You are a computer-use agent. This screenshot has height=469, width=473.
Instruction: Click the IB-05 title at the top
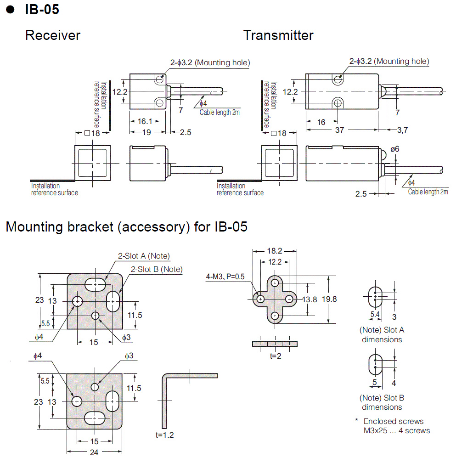click(x=42, y=9)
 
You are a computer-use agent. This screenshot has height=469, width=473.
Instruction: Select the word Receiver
click(x=53, y=35)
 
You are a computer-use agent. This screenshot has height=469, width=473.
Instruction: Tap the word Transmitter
click(x=278, y=35)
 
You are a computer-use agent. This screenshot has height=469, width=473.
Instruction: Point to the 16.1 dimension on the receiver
click(x=145, y=121)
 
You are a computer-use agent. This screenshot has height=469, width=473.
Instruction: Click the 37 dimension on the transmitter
click(x=339, y=130)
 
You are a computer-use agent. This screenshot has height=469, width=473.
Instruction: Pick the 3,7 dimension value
click(x=402, y=130)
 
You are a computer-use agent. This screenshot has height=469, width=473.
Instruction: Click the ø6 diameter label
click(x=395, y=149)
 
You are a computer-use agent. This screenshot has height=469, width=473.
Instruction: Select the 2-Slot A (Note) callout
click(x=143, y=256)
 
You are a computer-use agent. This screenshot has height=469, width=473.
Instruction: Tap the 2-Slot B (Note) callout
click(x=157, y=269)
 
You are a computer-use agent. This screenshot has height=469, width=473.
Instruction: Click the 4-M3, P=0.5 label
click(x=225, y=277)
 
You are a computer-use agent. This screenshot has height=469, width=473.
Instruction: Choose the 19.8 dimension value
click(x=329, y=299)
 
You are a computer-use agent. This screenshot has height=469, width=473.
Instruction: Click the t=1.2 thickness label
click(x=165, y=435)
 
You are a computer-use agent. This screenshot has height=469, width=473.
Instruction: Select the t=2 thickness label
click(x=276, y=355)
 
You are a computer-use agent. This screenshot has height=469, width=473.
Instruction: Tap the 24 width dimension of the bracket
click(x=94, y=452)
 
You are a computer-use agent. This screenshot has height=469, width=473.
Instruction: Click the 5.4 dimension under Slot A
click(x=375, y=315)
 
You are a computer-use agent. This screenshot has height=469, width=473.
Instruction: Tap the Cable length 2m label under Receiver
click(x=220, y=113)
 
